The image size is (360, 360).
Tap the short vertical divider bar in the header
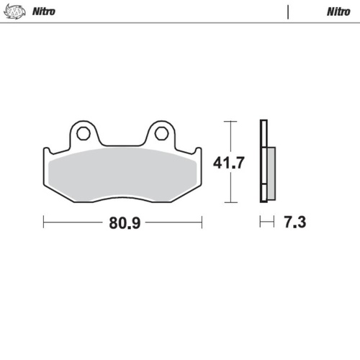288,12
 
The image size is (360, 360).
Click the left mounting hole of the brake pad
83,133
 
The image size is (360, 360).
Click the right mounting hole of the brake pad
162,133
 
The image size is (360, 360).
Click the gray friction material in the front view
122,173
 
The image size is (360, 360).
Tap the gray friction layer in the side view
270,171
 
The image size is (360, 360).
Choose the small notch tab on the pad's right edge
198,151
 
